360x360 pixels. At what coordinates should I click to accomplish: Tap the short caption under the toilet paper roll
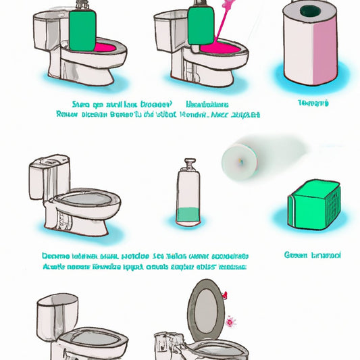pyautogui.click(x=313, y=103)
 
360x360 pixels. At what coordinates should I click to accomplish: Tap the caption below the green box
pyautogui.click(x=313, y=255)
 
